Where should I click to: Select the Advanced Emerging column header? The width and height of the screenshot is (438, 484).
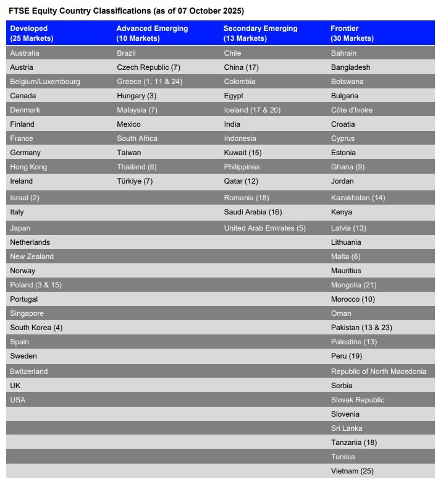click(152, 33)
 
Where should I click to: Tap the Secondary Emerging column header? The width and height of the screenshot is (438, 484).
click(260, 33)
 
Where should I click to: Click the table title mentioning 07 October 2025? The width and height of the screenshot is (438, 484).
click(127, 11)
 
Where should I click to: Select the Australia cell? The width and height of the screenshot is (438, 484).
click(25, 53)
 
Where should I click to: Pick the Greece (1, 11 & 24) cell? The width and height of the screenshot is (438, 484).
click(150, 82)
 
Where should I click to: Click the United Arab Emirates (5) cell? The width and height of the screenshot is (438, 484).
click(264, 228)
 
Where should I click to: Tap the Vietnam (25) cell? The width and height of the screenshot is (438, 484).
click(352, 471)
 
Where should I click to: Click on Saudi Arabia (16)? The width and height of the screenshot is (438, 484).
click(253, 212)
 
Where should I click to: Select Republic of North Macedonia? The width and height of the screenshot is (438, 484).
click(379, 371)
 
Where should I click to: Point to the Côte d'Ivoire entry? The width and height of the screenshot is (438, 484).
click(352, 110)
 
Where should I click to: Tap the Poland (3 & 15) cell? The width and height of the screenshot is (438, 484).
click(36, 285)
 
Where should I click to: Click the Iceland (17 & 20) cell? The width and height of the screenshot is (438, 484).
click(252, 110)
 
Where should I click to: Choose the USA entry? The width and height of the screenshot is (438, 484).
click(18, 400)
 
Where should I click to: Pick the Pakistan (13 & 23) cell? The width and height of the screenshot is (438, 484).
click(361, 328)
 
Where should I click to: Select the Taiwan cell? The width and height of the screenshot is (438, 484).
click(129, 153)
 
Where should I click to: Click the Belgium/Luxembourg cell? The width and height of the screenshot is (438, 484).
click(45, 82)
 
